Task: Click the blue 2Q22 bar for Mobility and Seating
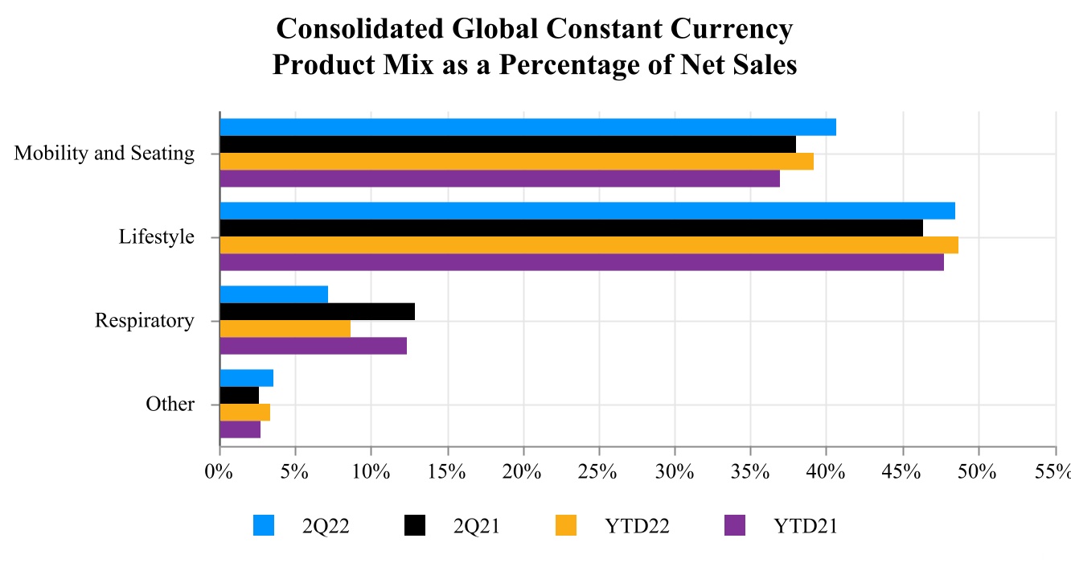click(527, 127)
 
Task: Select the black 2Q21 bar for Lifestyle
click(571, 228)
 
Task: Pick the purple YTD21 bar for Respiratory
click(313, 346)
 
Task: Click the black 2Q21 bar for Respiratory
click(317, 312)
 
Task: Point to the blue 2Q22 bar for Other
click(246, 378)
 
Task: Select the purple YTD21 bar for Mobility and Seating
click(499, 179)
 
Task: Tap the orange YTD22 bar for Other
click(244, 413)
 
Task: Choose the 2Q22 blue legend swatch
click(264, 526)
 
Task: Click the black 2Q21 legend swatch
click(414, 526)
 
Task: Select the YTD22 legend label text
click(637, 527)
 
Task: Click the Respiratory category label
click(145, 321)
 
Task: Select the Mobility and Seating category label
click(105, 153)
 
